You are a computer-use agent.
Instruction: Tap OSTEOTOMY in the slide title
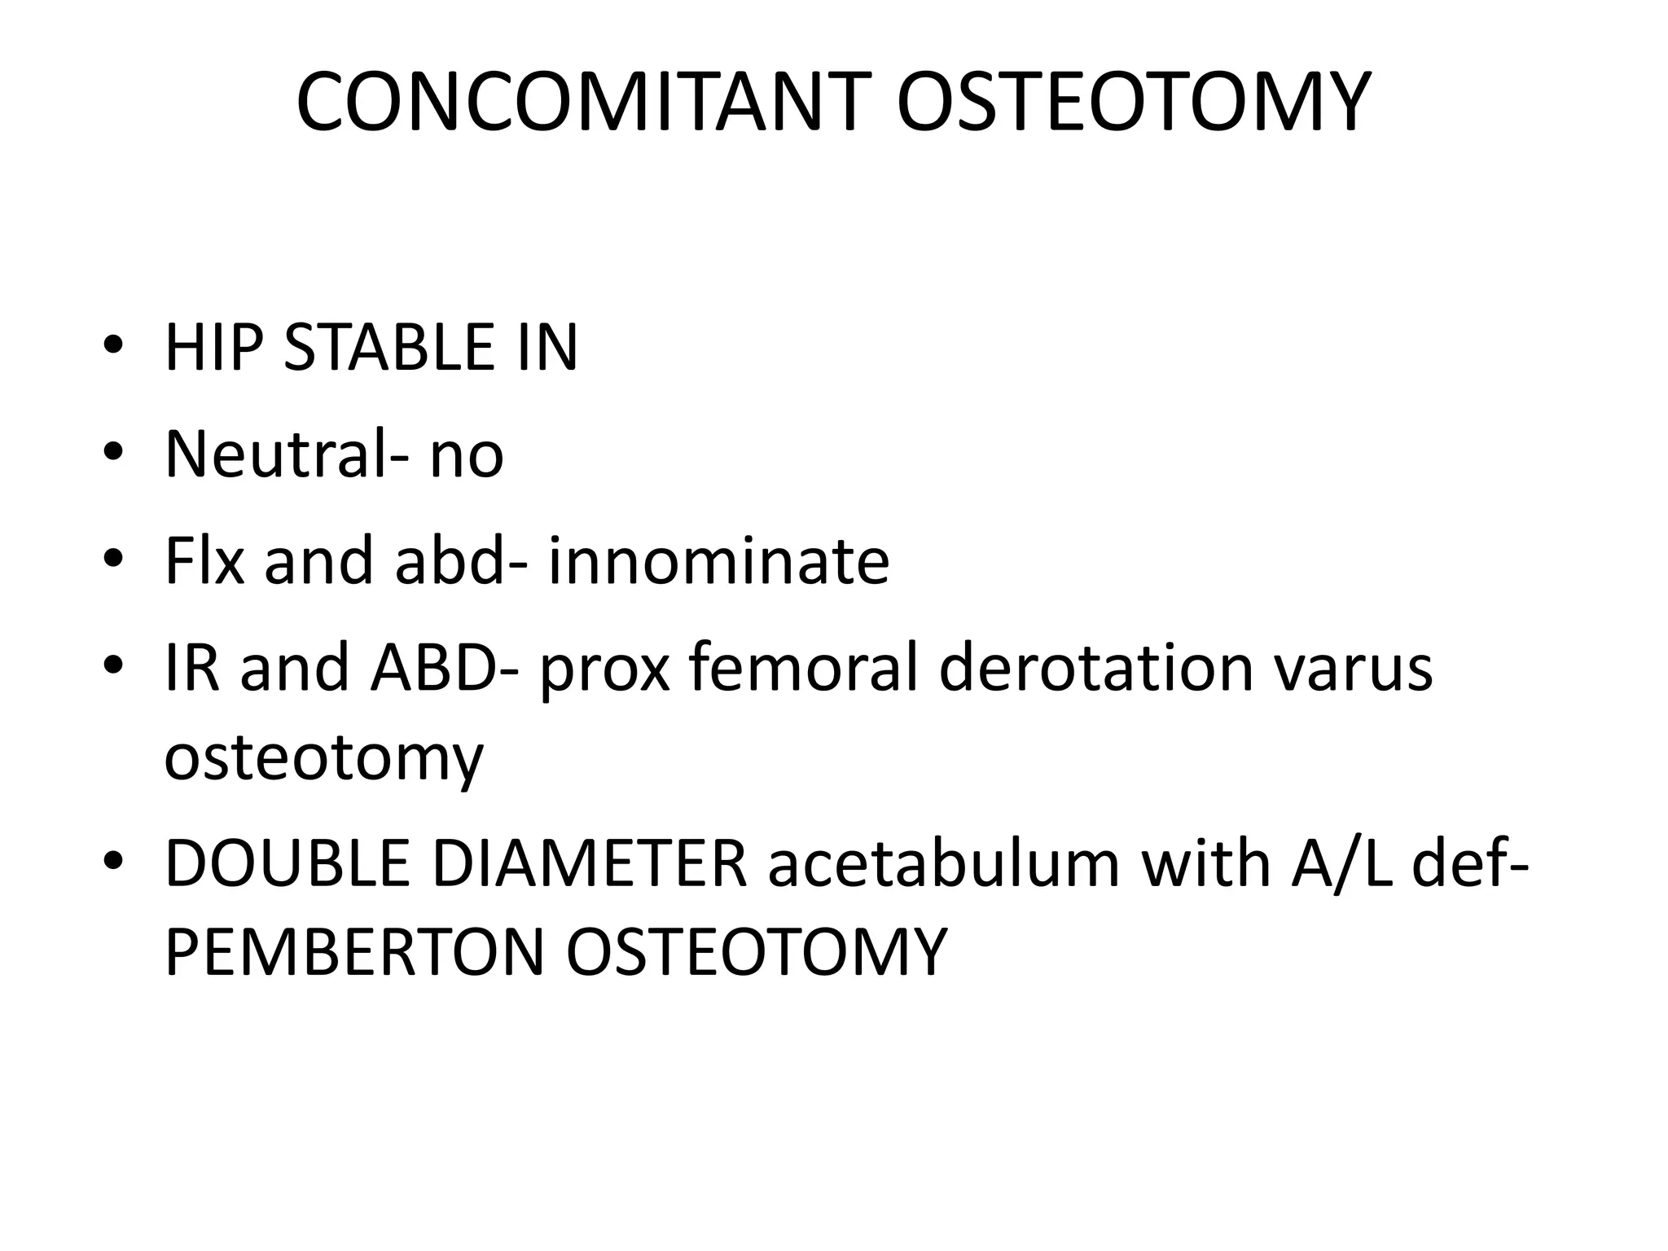coord(1133,103)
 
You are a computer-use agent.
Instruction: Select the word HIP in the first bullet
coord(213,349)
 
